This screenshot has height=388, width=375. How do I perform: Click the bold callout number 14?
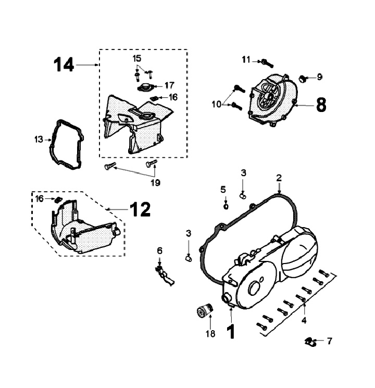[64, 65]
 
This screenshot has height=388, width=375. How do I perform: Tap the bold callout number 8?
[321, 105]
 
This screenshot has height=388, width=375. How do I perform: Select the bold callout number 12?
[140, 209]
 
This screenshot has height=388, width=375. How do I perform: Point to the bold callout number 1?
[231, 332]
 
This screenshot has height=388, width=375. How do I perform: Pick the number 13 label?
[39, 140]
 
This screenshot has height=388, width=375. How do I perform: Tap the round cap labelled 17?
[145, 87]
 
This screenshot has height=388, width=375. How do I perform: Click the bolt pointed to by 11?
[267, 64]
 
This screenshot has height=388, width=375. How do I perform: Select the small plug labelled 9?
[303, 79]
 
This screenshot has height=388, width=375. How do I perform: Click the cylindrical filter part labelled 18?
[205, 310]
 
